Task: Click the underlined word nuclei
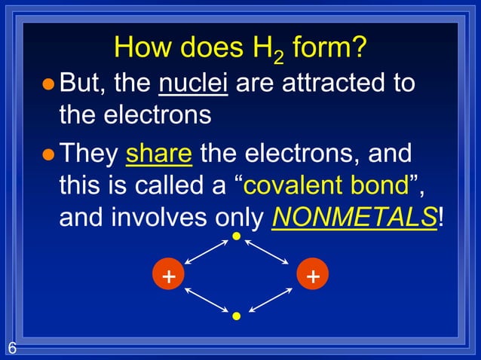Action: tap(194, 82)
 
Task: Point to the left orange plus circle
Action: tap(168, 276)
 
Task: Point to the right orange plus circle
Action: tap(311, 276)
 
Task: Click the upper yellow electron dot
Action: tap(236, 237)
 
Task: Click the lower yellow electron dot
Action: tap(236, 316)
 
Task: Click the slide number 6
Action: tap(12, 348)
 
